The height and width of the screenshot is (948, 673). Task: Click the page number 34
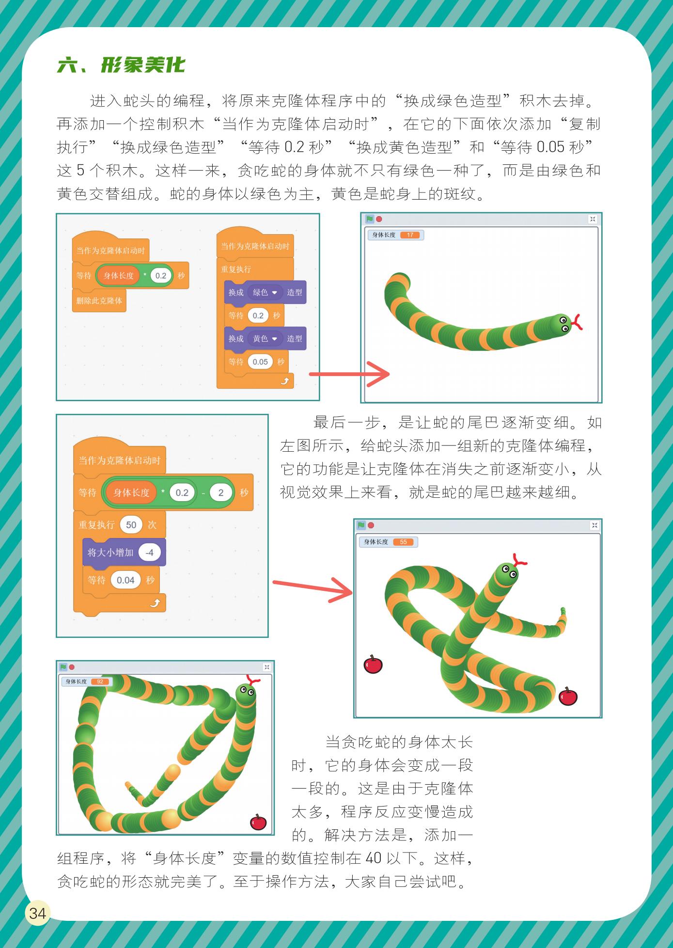[x=37, y=914]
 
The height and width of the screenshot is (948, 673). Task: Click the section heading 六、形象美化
[x=121, y=65]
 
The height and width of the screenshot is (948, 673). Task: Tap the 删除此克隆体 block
[x=99, y=301]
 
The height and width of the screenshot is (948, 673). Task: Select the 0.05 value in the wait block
[x=260, y=362]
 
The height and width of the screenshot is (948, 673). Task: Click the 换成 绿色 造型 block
[x=265, y=292]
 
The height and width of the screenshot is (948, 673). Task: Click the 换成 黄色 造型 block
[x=265, y=339]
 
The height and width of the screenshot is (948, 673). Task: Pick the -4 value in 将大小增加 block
[x=149, y=553]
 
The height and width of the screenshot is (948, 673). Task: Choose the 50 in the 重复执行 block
[x=131, y=525]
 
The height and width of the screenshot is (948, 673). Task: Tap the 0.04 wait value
[x=125, y=580]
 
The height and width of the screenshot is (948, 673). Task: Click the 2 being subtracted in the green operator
[x=221, y=493]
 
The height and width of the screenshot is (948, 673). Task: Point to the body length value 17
[x=410, y=235]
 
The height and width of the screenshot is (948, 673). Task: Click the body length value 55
[x=403, y=542]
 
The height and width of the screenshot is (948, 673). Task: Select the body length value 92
[x=100, y=681]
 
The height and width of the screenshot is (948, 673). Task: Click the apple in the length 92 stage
[x=258, y=822]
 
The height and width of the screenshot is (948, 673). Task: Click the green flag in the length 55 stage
[x=361, y=525]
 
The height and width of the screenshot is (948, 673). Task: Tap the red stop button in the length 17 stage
[x=379, y=219]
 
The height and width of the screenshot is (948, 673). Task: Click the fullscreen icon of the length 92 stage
[x=266, y=667]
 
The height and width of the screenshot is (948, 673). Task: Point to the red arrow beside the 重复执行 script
[x=349, y=374]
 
